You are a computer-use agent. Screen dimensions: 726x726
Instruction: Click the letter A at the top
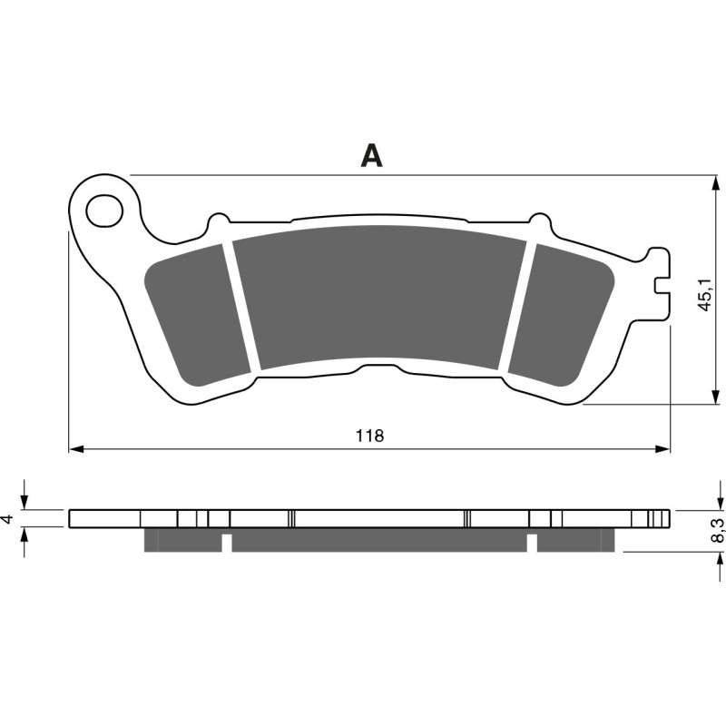click(x=371, y=156)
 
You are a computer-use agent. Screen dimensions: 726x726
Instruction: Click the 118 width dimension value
click(x=369, y=436)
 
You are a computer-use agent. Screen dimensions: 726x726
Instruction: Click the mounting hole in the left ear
click(x=103, y=211)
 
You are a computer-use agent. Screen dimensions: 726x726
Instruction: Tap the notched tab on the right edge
click(x=662, y=283)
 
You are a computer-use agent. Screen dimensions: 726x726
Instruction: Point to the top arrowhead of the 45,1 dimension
click(x=711, y=181)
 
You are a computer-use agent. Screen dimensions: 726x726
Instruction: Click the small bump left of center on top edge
click(x=218, y=220)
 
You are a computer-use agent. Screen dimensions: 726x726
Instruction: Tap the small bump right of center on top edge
click(x=539, y=220)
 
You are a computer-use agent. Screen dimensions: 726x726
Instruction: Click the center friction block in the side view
click(x=379, y=541)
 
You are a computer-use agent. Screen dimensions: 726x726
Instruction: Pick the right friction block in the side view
click(x=575, y=541)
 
